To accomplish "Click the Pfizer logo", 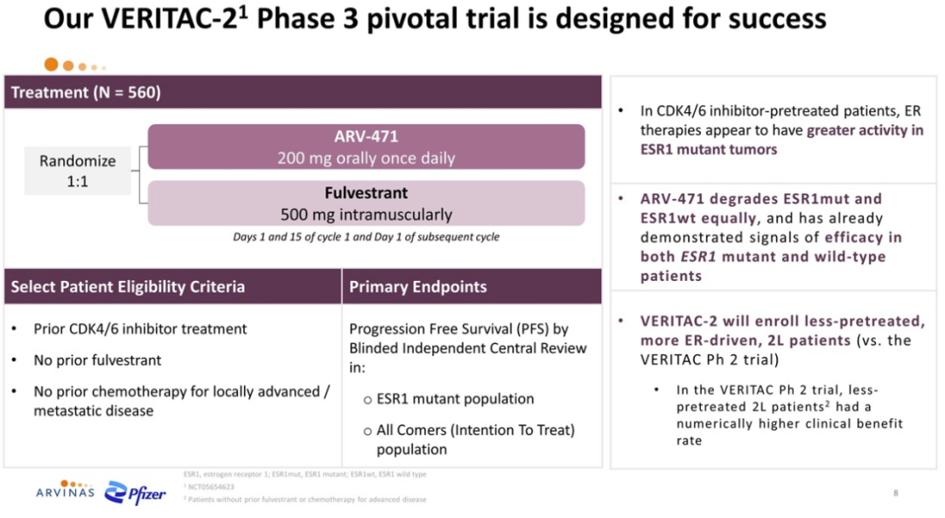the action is click(x=135, y=493).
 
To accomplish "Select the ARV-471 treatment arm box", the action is click(x=366, y=146).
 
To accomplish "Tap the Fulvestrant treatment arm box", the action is click(x=366, y=203).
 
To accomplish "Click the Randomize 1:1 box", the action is click(x=77, y=171).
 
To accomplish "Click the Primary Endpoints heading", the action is click(x=417, y=286).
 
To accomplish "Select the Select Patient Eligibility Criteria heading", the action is click(x=128, y=286).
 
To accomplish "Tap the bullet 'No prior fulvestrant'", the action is click(x=97, y=360).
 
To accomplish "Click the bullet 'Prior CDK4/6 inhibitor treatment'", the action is click(x=140, y=329).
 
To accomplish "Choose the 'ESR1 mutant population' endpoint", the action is click(x=455, y=399).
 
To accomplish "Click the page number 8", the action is click(x=896, y=493).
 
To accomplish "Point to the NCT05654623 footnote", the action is click(x=210, y=486).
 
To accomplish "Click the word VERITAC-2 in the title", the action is click(x=170, y=18).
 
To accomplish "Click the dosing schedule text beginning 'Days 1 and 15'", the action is click(x=366, y=237).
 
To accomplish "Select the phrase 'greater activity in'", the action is click(x=864, y=130).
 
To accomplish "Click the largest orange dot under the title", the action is click(x=52, y=65).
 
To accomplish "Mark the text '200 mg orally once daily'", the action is click(x=366, y=158).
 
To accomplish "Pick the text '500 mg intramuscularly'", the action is click(x=366, y=214).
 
